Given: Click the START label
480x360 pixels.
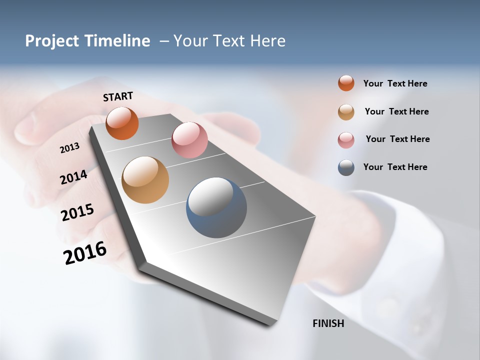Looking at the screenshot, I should [x=118, y=96].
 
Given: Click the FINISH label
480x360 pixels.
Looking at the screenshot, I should [x=328, y=323].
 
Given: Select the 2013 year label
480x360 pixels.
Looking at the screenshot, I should [x=69, y=148].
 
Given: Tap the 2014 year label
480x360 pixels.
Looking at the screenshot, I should [x=74, y=177].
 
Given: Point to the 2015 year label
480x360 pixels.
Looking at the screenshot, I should [x=77, y=212].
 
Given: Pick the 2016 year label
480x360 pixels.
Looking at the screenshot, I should [x=85, y=253].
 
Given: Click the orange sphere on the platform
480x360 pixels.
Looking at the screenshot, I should [x=122, y=123].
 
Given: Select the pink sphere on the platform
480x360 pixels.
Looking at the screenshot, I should [x=189, y=139].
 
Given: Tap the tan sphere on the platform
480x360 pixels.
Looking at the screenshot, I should [x=145, y=180].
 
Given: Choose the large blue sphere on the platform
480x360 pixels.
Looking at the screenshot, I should [x=216, y=207].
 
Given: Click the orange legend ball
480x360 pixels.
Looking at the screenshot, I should [x=346, y=83].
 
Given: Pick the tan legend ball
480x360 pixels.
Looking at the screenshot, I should [x=346, y=112].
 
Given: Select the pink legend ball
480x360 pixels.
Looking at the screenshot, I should [x=346, y=140].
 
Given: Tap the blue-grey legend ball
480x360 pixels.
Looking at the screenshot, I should [x=346, y=167].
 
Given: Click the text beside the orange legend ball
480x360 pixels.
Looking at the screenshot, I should [x=395, y=83].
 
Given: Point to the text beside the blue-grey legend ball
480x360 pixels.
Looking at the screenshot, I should [x=395, y=167].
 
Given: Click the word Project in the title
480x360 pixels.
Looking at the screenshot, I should [x=51, y=41].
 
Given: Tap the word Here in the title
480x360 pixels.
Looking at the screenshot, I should [x=267, y=41].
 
